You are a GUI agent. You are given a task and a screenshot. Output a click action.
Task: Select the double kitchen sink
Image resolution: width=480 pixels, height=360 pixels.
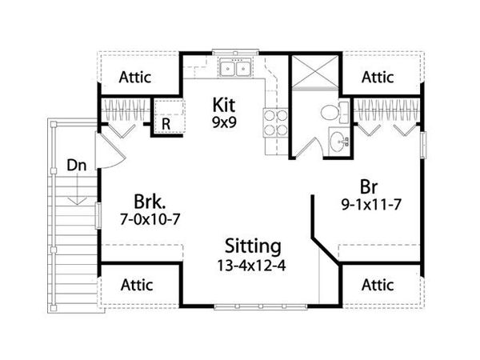coord(234,69)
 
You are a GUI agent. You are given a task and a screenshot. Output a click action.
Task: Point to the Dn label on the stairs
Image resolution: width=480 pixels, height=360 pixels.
coord(76,166)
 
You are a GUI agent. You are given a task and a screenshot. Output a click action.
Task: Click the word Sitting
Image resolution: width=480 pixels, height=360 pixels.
coord(251,246)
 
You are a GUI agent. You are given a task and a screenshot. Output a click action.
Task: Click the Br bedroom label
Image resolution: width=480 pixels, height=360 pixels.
coord(369,185)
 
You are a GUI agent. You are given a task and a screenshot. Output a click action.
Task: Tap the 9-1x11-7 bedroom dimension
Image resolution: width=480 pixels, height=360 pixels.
coord(369,203)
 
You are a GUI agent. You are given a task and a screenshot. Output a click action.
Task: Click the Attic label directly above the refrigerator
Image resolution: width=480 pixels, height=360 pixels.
coord(138,78)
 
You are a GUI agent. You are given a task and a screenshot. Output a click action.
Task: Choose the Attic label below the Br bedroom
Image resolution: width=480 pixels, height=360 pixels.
coord(378,284)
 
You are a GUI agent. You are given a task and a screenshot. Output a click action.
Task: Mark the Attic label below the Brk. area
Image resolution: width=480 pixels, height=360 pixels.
coord(138,284)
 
